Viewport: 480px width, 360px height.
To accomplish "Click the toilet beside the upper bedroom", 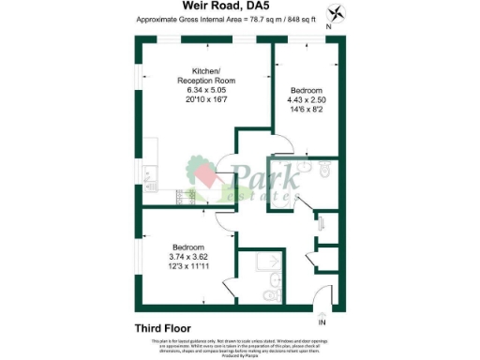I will (323, 171).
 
